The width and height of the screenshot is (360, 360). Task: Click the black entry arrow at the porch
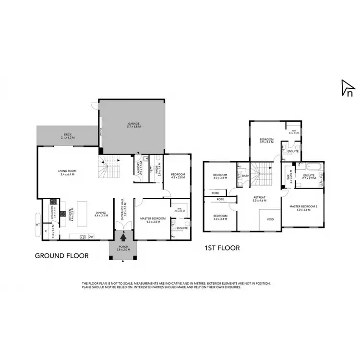(123, 237)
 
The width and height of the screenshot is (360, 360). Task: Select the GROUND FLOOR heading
(62, 256)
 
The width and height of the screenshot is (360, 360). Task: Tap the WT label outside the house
(37, 224)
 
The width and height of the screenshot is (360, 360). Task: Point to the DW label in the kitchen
(91, 236)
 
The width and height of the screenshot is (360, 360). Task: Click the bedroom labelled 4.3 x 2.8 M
(177, 176)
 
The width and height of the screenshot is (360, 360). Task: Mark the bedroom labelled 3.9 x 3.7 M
(266, 140)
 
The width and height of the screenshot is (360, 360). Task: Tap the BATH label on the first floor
(244, 176)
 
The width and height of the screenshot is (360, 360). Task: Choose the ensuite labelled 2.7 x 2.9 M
(308, 176)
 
